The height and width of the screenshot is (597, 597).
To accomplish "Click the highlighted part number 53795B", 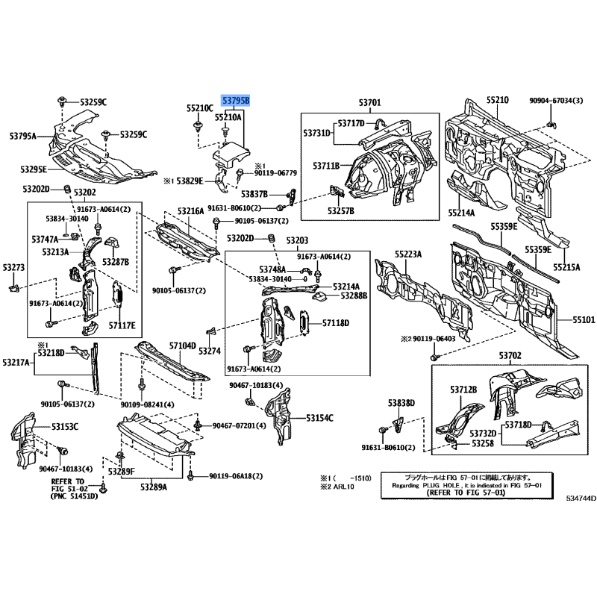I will pos(234,100).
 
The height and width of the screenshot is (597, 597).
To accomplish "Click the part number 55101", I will pos(584,319).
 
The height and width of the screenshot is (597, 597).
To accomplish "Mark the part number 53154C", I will pos(319,417).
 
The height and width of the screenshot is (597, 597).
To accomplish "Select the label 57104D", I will pos(181,346).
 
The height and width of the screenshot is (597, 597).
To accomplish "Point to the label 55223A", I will pos(408,254).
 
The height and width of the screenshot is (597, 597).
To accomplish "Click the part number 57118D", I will pos(336,323).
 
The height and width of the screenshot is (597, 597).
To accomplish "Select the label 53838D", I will pos(400,403).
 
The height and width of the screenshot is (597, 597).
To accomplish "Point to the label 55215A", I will pos(566,266).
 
